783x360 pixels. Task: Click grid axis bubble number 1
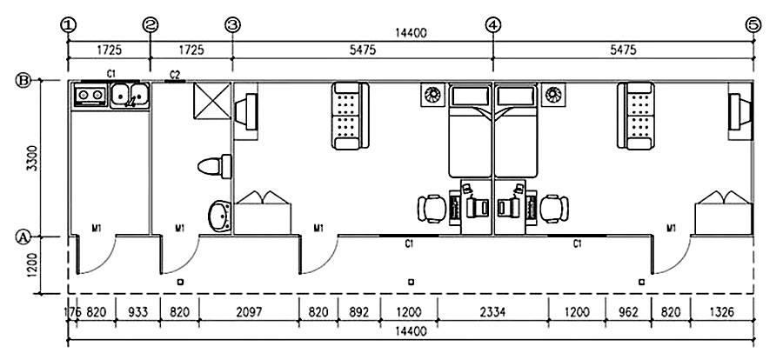click(68, 24)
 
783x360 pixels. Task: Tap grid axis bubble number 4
click(493, 24)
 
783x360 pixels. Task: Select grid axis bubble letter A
click(25, 236)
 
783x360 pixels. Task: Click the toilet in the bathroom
click(214, 165)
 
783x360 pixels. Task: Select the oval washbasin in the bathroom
click(217, 216)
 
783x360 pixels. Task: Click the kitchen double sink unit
click(110, 94)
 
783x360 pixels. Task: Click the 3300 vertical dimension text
click(32, 158)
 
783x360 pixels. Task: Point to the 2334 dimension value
click(492, 311)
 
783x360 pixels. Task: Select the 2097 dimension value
click(249, 311)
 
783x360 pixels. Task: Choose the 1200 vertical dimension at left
click(32, 265)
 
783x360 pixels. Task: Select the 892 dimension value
click(359, 311)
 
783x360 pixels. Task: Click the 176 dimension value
click(71, 311)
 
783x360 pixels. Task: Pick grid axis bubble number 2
click(151, 24)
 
